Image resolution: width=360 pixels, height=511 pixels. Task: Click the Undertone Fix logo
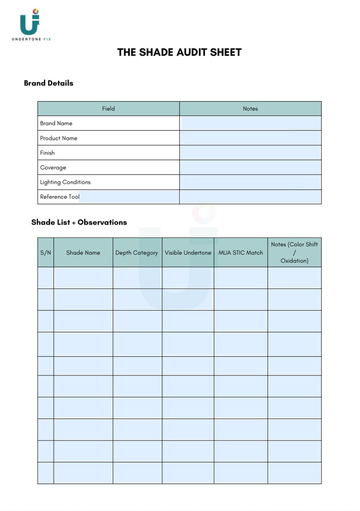pos(31,24)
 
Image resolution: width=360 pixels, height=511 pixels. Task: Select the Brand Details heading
pos(48,83)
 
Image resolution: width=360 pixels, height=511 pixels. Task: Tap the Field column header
pos(108,109)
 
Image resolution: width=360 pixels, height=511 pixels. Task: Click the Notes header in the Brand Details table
pos(250,109)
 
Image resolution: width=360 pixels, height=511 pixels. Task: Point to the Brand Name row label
pos(56,123)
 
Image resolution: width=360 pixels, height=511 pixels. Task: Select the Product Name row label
pos(59,138)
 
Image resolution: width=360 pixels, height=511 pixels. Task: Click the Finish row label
pos(47,153)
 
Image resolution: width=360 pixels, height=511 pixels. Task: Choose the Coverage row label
pos(53,167)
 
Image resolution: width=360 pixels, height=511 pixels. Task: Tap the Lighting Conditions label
pos(65,182)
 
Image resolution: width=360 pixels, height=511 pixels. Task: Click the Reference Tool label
pos(60,197)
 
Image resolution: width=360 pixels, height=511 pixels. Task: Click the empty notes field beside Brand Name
pos(250,123)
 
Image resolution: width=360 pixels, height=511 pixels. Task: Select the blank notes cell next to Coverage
pos(250,167)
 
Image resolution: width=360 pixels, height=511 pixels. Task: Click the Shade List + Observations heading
pos(79,222)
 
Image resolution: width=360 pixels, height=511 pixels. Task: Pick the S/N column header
pos(46,252)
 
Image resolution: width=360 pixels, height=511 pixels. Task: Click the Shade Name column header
pos(83,252)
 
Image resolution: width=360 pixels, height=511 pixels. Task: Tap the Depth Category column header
pos(137,252)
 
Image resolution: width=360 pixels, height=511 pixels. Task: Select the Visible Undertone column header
pos(188,252)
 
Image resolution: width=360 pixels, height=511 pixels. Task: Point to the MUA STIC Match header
pos(241,252)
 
